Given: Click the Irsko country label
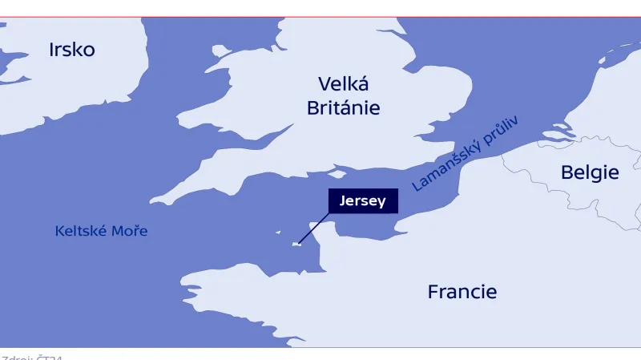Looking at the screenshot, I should [x=71, y=50].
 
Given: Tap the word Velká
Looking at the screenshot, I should [x=343, y=84].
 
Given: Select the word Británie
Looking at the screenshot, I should [x=343, y=108].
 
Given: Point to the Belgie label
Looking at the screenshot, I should [x=589, y=172].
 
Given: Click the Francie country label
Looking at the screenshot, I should [x=462, y=292].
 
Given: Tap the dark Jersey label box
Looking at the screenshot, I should [x=362, y=201].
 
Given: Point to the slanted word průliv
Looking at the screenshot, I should [x=501, y=131].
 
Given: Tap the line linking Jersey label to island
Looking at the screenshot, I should [x=314, y=228].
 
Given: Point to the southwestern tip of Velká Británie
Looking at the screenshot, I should [x=153, y=201].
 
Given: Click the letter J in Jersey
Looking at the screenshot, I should [x=343, y=201].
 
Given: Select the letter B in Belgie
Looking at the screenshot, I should [x=566, y=172].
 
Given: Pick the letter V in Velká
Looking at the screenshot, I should [x=324, y=84].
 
